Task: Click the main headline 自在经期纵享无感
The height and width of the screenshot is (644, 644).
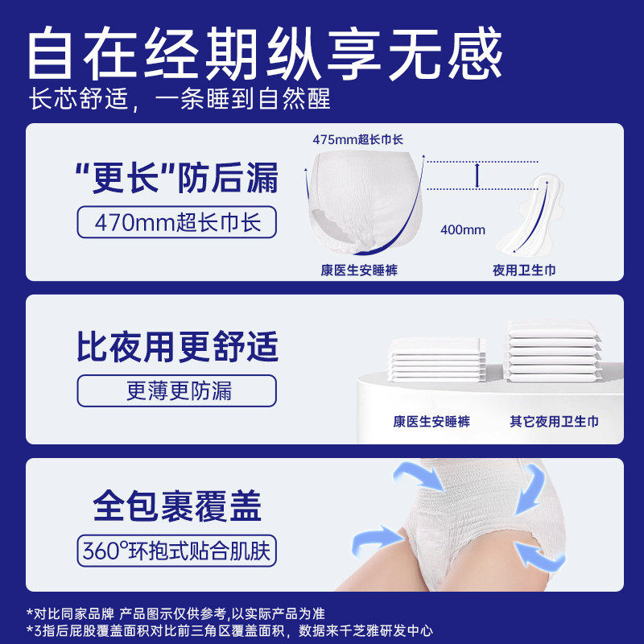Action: click(266, 53)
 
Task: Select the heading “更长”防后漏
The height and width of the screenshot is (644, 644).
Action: click(176, 177)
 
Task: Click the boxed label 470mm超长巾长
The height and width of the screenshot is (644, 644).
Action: click(175, 221)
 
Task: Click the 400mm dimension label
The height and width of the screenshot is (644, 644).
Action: click(463, 229)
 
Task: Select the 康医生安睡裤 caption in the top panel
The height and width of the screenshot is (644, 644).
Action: click(359, 270)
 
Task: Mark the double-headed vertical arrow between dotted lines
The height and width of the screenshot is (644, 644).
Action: click(478, 174)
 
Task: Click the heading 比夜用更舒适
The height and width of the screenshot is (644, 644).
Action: click(177, 347)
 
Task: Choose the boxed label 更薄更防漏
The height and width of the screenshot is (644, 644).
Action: click(178, 391)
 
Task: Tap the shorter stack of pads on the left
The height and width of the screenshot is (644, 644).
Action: click(435, 358)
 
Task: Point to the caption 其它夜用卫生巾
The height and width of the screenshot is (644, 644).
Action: click(554, 421)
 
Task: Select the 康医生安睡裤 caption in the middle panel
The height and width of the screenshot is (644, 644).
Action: click(431, 421)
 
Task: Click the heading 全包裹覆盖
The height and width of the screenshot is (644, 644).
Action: click(177, 507)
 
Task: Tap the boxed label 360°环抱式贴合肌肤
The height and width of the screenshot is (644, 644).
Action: click(177, 552)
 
